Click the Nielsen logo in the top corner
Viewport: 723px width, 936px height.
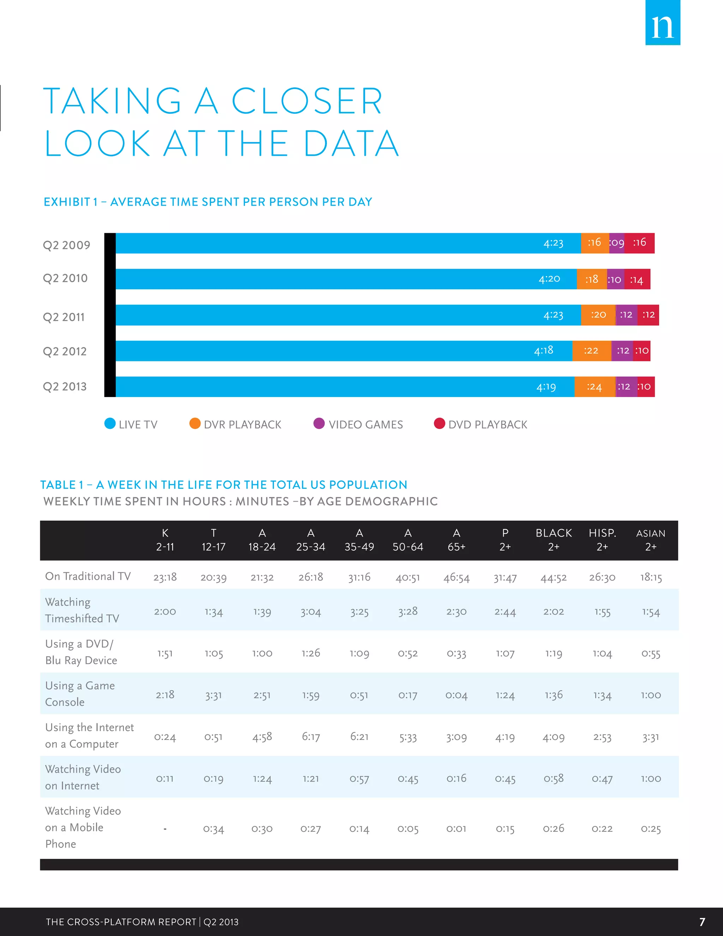click(x=663, y=23)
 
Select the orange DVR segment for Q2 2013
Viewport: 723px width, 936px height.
click(x=594, y=386)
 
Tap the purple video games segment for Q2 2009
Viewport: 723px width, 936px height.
click(x=617, y=243)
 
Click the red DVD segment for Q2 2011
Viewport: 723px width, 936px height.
click(x=648, y=315)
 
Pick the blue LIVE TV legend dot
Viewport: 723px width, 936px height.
click(x=110, y=423)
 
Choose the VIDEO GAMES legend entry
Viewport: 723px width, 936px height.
click(x=365, y=424)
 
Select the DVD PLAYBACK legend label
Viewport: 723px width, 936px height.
click(x=488, y=424)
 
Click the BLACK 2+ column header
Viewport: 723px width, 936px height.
click(x=554, y=540)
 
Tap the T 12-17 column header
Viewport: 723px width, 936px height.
click(x=213, y=540)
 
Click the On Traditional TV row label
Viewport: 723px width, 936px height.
click(x=88, y=576)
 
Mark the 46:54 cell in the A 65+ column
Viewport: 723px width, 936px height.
click(x=456, y=578)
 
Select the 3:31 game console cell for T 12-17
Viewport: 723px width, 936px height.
click(x=213, y=695)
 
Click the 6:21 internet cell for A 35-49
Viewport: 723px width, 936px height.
click(x=359, y=737)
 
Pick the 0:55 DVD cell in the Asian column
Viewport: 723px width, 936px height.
click(x=651, y=653)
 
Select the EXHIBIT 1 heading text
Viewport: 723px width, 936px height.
click(x=208, y=202)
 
